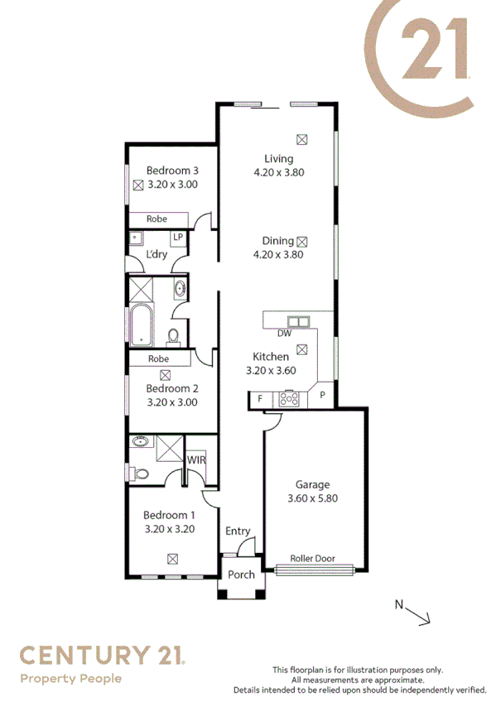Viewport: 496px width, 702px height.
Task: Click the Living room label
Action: [278, 159]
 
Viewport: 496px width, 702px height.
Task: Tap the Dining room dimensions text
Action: [278, 255]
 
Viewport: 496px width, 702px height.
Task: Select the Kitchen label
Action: [271, 357]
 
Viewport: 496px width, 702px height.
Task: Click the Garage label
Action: [312, 485]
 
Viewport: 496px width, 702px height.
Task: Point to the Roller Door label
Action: [313, 558]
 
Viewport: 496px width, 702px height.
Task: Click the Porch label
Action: [241, 575]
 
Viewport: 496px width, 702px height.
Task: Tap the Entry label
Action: [238, 531]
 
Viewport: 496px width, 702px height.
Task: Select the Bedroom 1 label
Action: [169, 515]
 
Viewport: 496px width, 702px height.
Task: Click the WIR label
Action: [196, 459]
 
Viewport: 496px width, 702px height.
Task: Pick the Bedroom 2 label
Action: [171, 388]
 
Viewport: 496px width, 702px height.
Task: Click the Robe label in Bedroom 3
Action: [157, 219]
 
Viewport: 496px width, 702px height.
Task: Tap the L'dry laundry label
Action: [157, 254]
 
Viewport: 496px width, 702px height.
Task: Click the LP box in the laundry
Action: [177, 237]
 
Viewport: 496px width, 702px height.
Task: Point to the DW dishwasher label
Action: [284, 334]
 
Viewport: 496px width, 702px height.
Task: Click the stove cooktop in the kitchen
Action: [289, 399]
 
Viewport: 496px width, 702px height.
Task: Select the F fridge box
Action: [260, 399]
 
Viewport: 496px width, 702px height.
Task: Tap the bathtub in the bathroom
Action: [141, 325]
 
